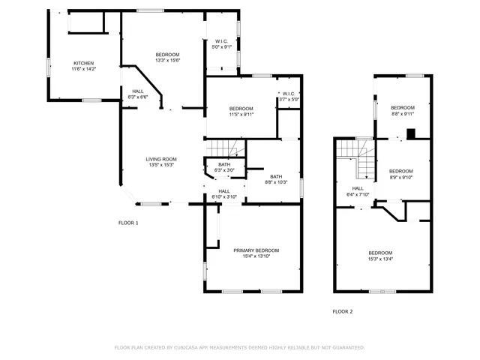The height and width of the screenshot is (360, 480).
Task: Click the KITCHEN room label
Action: [x=83, y=62]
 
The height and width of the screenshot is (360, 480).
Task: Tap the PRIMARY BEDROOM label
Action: [x=256, y=250]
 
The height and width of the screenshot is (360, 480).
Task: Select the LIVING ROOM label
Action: [x=160, y=159]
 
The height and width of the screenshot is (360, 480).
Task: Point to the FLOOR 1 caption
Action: [x=128, y=223]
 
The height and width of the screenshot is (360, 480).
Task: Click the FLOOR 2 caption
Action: [x=342, y=310]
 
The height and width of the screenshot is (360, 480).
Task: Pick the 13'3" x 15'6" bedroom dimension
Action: [x=167, y=61]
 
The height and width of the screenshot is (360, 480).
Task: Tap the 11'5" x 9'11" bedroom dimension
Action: [x=241, y=115]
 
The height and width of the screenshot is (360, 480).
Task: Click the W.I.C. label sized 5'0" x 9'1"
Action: [x=221, y=47]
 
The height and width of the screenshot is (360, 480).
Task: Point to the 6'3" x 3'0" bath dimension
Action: [x=224, y=171]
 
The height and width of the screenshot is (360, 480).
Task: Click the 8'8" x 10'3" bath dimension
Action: [x=276, y=182]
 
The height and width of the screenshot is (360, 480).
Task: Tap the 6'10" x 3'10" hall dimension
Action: [x=223, y=197]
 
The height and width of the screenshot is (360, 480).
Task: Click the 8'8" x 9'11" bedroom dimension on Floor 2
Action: [x=403, y=115]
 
